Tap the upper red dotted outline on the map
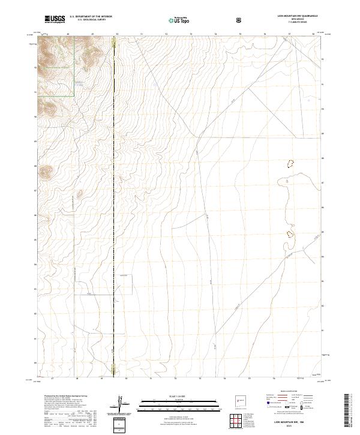click(290, 163)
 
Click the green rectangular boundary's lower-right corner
click(74, 95)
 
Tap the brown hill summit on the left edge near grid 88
click(45, 172)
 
